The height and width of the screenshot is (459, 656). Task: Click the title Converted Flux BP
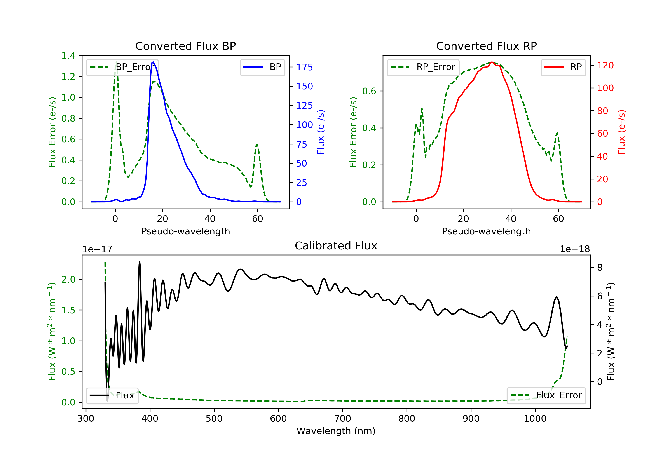[185, 46]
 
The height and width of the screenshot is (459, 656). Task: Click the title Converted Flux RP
[486, 46]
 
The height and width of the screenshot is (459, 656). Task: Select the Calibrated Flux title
[336, 246]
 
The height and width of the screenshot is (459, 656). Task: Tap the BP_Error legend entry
[122, 67]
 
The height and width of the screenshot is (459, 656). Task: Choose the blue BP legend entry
[262, 67]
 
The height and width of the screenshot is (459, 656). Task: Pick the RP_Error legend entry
[423, 67]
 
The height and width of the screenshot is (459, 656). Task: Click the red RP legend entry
[563, 67]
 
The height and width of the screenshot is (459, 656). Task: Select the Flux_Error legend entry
[546, 395]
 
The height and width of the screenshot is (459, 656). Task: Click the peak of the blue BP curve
[153, 62]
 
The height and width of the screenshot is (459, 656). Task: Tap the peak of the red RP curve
[492, 62]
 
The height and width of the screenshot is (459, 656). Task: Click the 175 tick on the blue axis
[304, 67]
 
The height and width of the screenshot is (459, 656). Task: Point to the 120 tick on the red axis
[605, 65]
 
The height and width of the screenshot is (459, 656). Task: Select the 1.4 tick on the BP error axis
[68, 56]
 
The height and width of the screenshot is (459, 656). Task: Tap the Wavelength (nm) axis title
[336, 431]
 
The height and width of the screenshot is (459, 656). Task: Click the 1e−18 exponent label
[575, 249]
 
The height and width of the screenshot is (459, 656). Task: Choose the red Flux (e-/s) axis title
[621, 132]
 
